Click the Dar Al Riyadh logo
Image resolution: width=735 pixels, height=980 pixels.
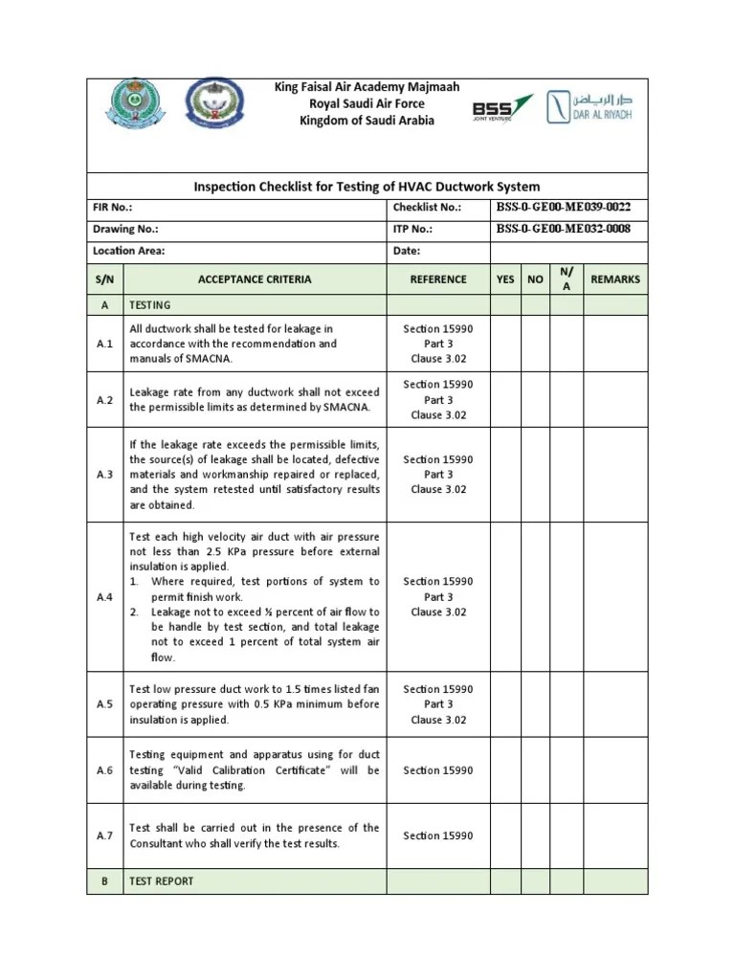(x=589, y=106)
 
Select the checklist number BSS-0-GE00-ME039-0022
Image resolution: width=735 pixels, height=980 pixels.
(x=564, y=207)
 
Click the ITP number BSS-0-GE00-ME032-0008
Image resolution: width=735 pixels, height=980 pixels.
(x=564, y=229)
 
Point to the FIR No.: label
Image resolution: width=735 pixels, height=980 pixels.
(x=113, y=208)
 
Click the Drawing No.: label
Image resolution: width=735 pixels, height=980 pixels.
(x=125, y=230)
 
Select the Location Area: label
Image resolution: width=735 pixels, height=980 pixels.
(x=129, y=251)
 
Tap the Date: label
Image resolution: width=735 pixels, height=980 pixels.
(x=407, y=251)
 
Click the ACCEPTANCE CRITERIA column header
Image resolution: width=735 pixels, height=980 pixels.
(x=255, y=279)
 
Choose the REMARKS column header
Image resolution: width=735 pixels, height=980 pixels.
(x=615, y=279)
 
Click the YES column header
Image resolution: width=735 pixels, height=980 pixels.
(x=504, y=279)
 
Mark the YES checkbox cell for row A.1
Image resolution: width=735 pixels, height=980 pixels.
(x=504, y=344)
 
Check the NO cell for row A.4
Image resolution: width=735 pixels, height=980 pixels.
(x=536, y=597)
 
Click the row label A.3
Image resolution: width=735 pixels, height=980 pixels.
(x=105, y=475)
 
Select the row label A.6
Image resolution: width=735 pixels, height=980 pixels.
(x=105, y=770)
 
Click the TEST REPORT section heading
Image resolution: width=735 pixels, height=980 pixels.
(x=161, y=881)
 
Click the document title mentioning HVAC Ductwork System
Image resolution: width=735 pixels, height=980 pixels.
(x=367, y=187)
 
